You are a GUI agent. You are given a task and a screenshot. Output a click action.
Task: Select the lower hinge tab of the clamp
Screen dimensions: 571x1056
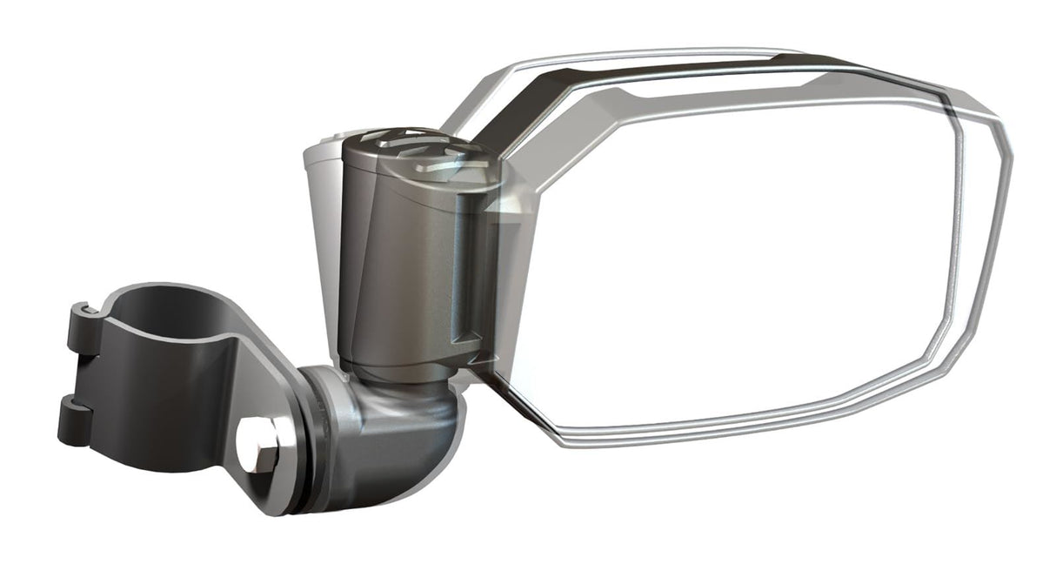point(74,418)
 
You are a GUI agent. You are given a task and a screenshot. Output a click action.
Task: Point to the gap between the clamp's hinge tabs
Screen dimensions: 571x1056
point(77,376)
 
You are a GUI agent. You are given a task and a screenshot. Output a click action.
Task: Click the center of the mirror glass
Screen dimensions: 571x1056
point(739,261)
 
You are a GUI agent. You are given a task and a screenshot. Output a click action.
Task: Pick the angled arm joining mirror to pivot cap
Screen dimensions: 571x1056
point(513,131)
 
